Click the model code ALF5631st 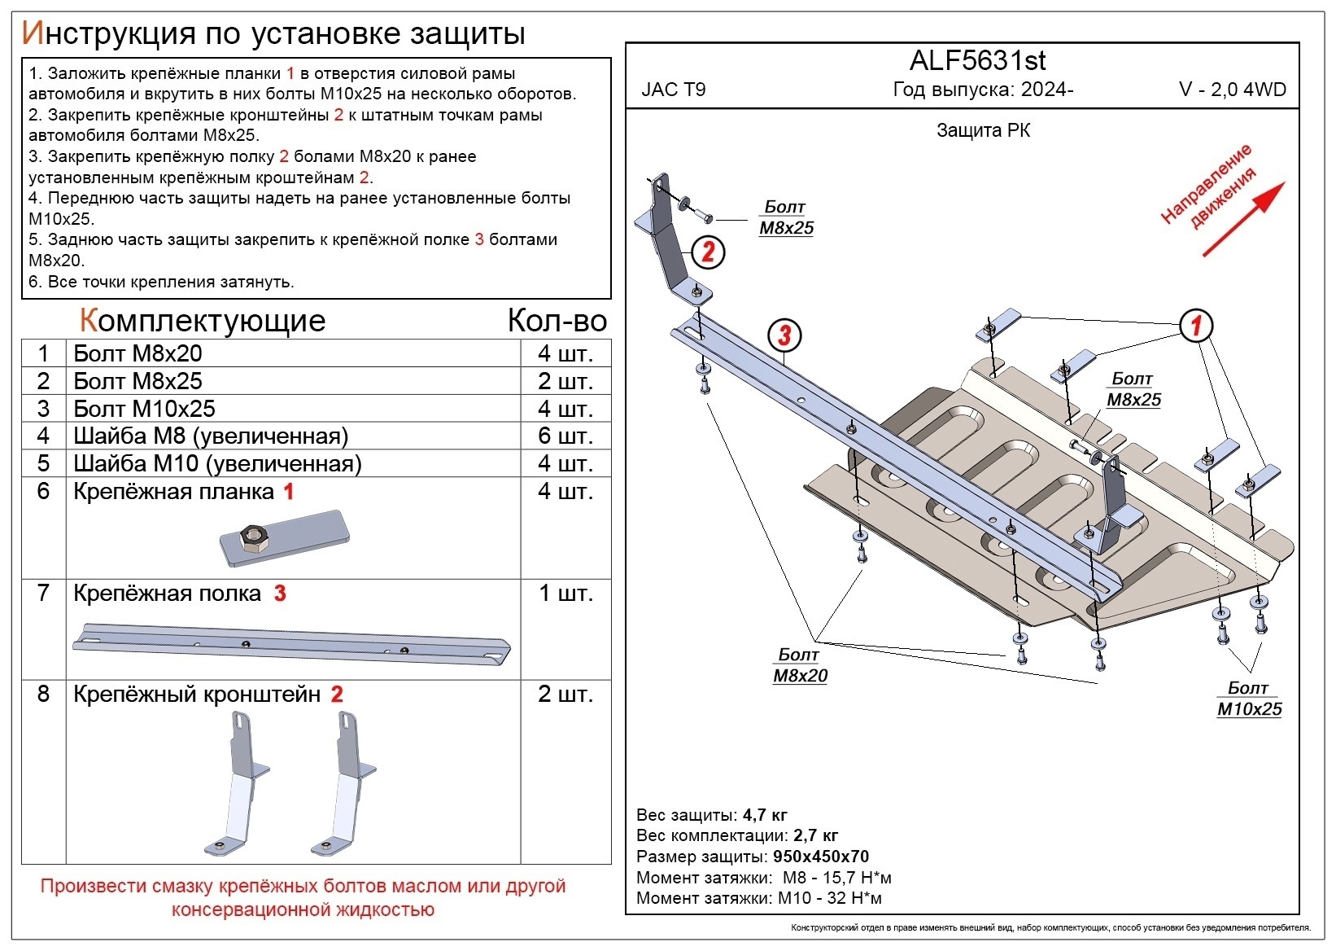(977, 61)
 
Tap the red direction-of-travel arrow (1243, 219)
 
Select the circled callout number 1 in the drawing (1196, 326)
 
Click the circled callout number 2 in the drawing (707, 252)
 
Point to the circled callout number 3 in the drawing (784, 335)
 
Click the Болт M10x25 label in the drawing (1249, 699)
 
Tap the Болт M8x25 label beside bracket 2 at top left (786, 218)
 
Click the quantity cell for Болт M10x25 (565, 409)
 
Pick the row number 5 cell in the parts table (43, 463)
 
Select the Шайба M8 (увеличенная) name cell (211, 436)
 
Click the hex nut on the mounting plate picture (251, 537)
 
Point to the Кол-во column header (557, 321)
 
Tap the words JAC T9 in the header (674, 90)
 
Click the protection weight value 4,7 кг (765, 815)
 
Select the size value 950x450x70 (820, 857)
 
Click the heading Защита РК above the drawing (983, 131)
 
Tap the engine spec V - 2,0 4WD (1233, 90)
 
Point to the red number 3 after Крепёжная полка (280, 594)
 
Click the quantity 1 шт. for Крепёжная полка (565, 594)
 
